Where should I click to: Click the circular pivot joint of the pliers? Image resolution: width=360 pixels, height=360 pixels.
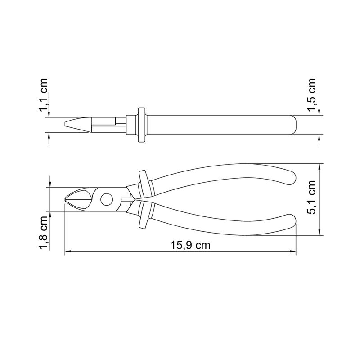click(107, 199)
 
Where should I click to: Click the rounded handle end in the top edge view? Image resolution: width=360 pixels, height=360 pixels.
click(292, 125)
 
